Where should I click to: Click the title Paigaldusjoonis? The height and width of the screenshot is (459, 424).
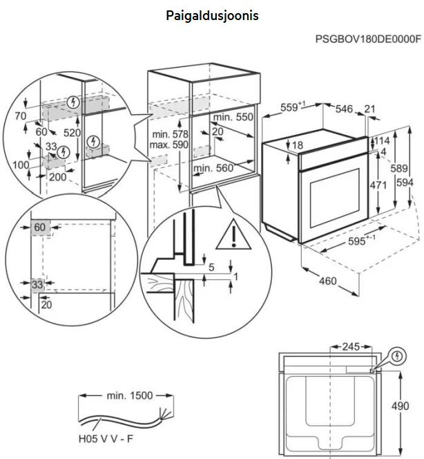212,15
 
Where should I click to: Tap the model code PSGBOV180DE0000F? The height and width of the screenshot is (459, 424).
368,39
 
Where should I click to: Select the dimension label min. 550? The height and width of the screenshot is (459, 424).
233,118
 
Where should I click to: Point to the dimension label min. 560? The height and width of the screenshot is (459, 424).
213,168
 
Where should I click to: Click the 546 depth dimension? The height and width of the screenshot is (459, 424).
345,109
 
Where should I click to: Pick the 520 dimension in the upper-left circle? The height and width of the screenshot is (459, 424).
70,132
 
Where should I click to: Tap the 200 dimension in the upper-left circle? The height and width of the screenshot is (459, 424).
58,178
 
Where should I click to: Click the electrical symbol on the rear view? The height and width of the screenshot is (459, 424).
396,357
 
